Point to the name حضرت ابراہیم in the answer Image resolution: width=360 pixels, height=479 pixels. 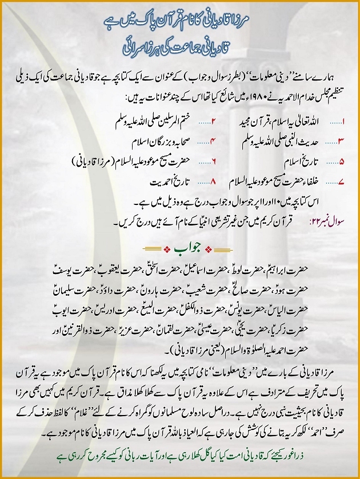303,267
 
